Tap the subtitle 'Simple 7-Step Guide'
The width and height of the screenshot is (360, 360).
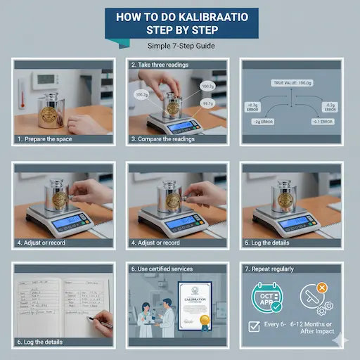click(x=179, y=46)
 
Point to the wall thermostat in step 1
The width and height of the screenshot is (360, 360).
click(x=46, y=81)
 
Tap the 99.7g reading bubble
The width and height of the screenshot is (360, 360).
click(x=207, y=103)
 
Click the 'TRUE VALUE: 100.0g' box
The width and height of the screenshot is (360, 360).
click(x=292, y=83)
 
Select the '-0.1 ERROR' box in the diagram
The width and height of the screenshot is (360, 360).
click(x=326, y=121)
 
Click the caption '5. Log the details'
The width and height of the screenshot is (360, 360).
click(x=271, y=243)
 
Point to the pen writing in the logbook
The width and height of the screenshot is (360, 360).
click(x=102, y=321)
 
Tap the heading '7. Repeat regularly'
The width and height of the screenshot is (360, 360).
click(x=278, y=269)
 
